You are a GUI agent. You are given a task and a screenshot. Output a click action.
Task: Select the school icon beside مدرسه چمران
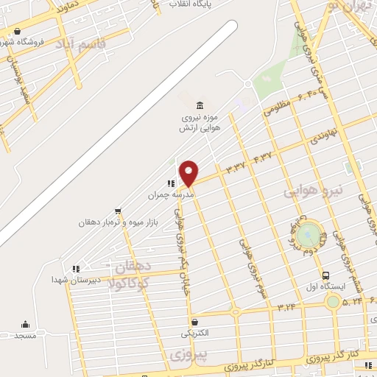(171, 183)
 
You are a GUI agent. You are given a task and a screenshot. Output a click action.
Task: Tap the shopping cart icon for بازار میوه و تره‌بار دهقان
(118, 211)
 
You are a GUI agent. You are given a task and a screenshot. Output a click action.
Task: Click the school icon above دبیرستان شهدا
(75, 269)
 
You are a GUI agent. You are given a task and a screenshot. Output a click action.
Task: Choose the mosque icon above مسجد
(27, 325)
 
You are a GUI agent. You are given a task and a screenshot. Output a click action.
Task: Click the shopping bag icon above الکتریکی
(194, 322)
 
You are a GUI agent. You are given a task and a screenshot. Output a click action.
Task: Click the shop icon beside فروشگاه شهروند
(18, 31)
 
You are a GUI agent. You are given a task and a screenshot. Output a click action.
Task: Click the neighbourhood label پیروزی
(185, 355)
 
